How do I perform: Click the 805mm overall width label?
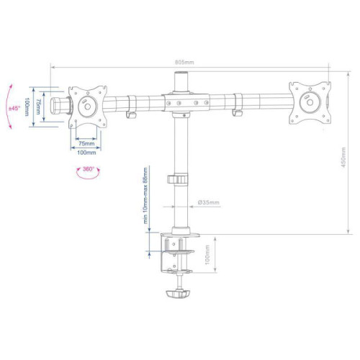(x=184, y=63)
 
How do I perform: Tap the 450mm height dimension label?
(x=343, y=158)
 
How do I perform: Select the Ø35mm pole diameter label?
(x=209, y=202)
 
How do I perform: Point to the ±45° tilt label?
(x=14, y=108)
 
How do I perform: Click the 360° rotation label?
(x=88, y=169)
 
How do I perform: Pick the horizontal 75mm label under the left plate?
(x=86, y=144)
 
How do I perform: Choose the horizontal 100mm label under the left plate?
(x=86, y=153)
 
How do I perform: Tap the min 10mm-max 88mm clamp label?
(x=145, y=196)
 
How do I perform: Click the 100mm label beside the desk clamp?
(x=207, y=255)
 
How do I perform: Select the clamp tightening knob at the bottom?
(x=178, y=294)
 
